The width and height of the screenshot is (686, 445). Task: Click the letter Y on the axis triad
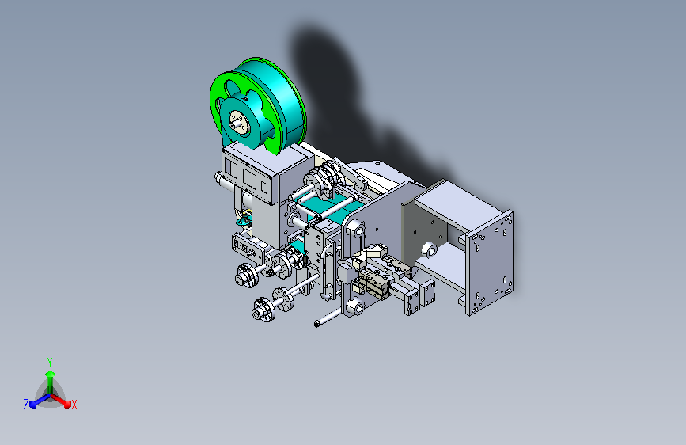50,363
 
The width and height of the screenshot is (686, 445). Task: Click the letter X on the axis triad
74,405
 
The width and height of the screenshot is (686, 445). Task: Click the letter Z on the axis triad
26,405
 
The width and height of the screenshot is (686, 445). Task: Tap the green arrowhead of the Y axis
51,374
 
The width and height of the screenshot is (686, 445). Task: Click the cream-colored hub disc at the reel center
239,122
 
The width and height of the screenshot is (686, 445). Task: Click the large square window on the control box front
250,178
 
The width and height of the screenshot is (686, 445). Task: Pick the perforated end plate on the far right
490,263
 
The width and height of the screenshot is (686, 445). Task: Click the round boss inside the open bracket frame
429,250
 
